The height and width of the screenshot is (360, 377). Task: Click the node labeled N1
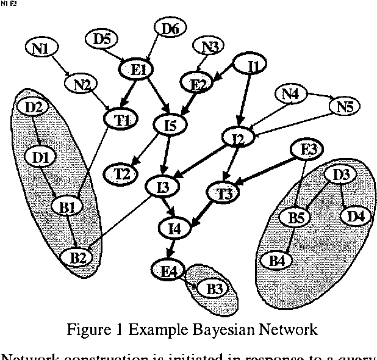pyautogui.click(x=41, y=48)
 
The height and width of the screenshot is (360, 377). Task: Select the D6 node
pyautogui.click(x=170, y=27)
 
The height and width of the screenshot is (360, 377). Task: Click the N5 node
pyautogui.click(x=345, y=107)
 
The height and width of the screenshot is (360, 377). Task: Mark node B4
pyautogui.click(x=277, y=261)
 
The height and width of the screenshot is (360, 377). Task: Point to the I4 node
pyautogui.click(x=175, y=229)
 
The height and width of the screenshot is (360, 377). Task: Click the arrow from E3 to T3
pyautogui.click(x=268, y=170)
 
